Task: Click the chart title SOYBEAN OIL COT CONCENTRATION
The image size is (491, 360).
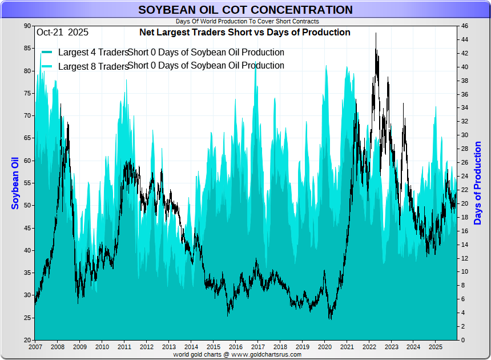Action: tap(246, 10)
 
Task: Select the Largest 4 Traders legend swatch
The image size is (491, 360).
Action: tap(47, 53)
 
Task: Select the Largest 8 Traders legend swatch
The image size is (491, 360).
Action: tap(47, 66)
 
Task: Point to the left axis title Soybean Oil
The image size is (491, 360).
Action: tap(15, 183)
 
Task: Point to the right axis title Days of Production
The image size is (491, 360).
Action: tap(478, 183)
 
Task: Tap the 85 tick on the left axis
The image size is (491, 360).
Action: tap(27, 49)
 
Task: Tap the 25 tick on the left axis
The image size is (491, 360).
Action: tap(27, 318)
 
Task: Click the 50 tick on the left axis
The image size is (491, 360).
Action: tap(27, 206)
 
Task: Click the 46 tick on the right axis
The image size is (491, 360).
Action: tap(465, 26)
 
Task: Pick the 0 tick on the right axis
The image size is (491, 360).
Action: tap(462, 340)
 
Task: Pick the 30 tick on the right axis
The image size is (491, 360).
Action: tap(465, 135)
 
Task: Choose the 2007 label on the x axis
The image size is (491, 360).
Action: tap(35, 347)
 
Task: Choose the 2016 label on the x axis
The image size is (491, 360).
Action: tap(235, 347)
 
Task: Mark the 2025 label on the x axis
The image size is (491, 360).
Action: tap(435, 347)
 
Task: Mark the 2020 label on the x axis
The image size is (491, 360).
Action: tap(324, 347)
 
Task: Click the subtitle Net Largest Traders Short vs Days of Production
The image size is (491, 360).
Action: tap(245, 33)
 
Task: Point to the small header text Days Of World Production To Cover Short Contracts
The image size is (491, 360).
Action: tap(247, 21)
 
